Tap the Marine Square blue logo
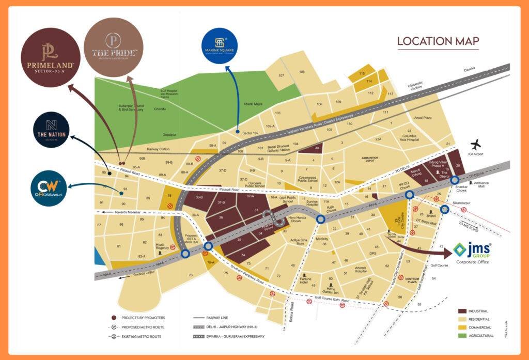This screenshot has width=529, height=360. (x=220, y=45)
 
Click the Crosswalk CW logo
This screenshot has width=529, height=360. (x=48, y=188)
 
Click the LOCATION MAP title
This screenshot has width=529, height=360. (x=438, y=41)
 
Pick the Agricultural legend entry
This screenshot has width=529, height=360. (x=475, y=336)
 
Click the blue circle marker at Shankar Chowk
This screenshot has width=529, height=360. (x=455, y=180)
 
